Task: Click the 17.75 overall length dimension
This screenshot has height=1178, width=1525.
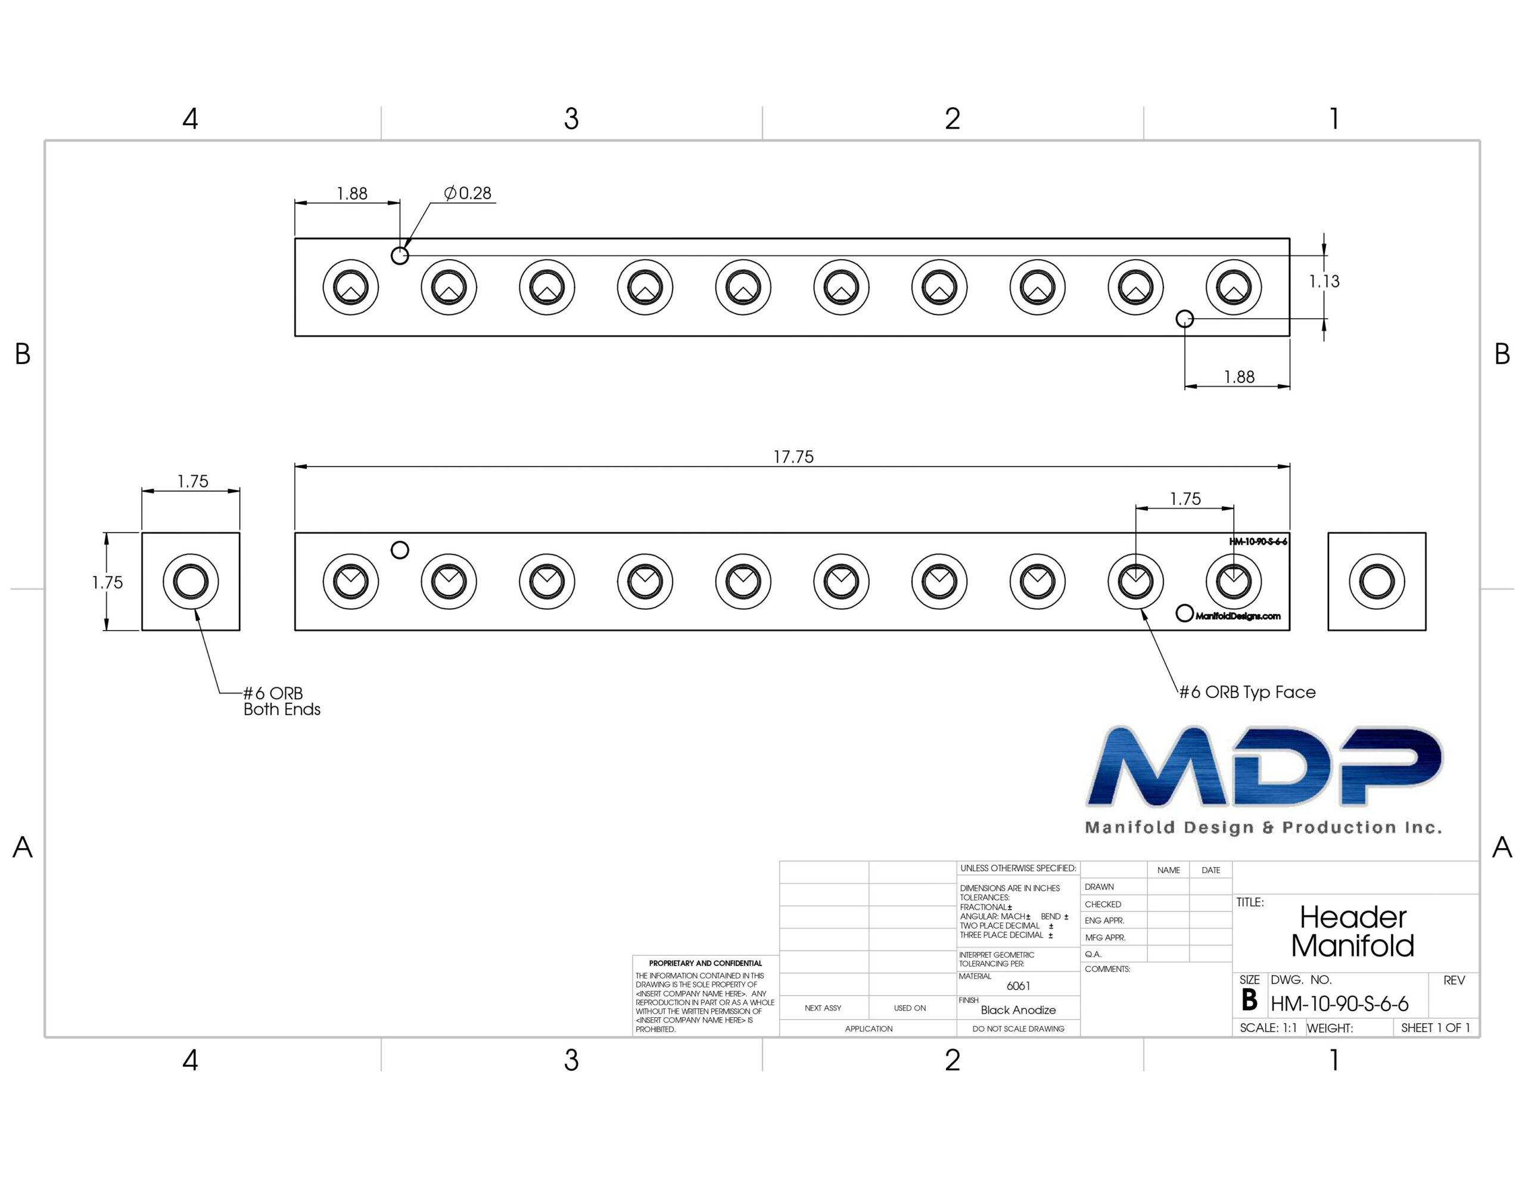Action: (x=793, y=457)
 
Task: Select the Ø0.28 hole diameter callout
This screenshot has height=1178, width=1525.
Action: (x=468, y=193)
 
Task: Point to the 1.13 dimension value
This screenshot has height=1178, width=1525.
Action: (x=1324, y=282)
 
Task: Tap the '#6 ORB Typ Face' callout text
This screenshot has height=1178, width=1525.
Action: (x=1247, y=692)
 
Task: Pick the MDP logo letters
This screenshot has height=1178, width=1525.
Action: (x=1265, y=766)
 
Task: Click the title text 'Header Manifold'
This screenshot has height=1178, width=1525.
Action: (x=1352, y=931)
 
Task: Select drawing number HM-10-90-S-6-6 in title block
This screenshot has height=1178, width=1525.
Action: (x=1339, y=1004)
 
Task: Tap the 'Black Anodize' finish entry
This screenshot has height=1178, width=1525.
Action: (x=1018, y=1009)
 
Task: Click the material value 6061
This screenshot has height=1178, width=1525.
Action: (x=1018, y=986)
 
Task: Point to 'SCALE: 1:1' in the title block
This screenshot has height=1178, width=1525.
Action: (x=1268, y=1028)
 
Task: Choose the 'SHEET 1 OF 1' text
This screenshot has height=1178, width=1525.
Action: (x=1436, y=1028)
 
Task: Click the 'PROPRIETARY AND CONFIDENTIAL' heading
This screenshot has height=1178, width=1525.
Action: (x=705, y=963)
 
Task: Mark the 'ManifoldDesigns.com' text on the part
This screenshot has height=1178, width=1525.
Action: (x=1238, y=616)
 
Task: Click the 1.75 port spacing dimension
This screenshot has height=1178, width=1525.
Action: (x=1185, y=498)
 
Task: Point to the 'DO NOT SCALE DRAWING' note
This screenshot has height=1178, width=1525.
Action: (x=1018, y=1029)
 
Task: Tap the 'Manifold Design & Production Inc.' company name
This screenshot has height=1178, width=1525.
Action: (x=1263, y=827)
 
